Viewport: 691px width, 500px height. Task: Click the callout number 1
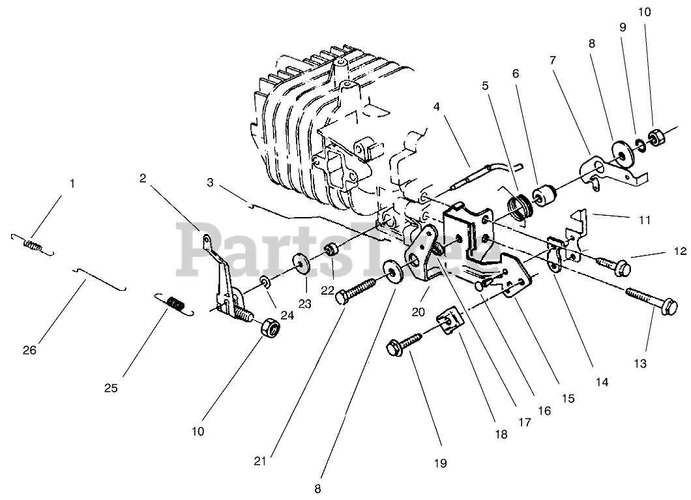point(72,184)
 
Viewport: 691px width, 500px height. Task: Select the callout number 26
point(29,350)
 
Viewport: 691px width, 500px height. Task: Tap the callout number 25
point(111,389)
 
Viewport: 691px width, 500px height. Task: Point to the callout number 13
point(640,364)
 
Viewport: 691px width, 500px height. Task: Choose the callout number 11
point(645,220)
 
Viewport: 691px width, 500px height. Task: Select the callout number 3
point(210,183)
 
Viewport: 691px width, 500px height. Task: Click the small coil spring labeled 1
point(33,245)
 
